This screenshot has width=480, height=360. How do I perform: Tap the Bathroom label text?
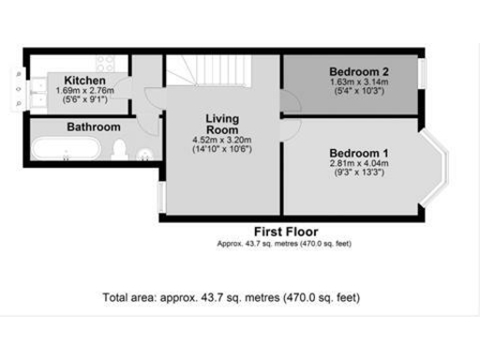point(93,127)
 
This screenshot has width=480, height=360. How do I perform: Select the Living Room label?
point(223,124)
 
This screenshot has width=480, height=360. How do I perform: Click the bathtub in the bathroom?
point(64,149)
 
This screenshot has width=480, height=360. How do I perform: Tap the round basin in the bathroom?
point(144,155)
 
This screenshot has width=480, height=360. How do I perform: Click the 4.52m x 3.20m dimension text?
point(223,140)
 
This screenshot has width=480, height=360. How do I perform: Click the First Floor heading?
point(286,232)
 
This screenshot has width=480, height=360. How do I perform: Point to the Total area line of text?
point(231,297)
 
